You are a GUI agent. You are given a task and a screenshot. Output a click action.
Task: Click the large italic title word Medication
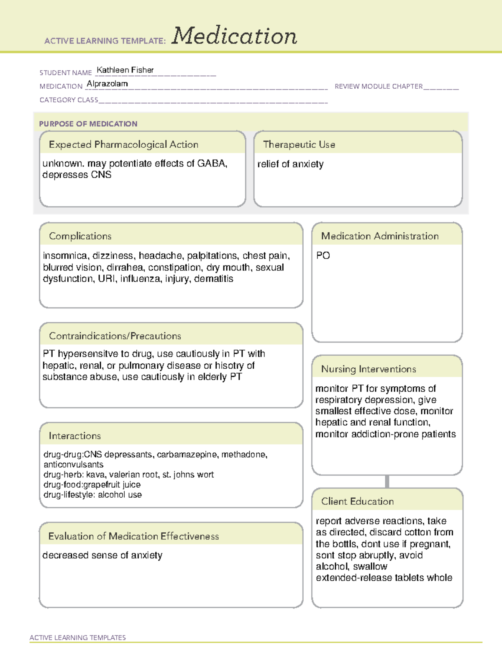click(x=234, y=36)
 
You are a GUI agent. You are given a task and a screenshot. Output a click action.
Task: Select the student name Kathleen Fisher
click(x=125, y=70)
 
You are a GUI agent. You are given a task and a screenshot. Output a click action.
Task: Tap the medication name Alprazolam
click(x=107, y=84)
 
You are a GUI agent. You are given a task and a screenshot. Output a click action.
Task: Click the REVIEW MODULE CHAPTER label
click(x=379, y=86)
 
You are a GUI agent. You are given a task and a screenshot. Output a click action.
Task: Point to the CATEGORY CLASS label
click(x=69, y=100)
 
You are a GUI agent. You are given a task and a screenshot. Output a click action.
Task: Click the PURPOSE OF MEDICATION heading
click(x=88, y=124)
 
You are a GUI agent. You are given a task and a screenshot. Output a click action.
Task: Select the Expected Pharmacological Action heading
click(x=123, y=144)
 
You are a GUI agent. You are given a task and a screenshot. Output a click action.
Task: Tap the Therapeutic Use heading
click(x=299, y=144)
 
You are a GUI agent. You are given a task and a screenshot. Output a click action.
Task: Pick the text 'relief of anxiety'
click(x=290, y=164)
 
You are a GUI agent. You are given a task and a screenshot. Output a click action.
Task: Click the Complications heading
click(x=80, y=236)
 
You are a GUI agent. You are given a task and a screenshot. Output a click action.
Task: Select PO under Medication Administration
click(x=323, y=255)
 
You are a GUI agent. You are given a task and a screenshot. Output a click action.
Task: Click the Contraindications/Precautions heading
click(x=115, y=336)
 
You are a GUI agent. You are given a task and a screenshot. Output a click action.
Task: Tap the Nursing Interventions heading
click(x=369, y=369)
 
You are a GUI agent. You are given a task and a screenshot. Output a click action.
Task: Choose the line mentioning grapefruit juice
click(x=92, y=485)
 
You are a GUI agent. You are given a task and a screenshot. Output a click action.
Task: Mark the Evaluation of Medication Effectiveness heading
click(x=133, y=536)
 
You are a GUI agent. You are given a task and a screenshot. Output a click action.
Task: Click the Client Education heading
click(x=357, y=501)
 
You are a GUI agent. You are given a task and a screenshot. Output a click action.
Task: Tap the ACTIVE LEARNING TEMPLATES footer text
click(x=78, y=637)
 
